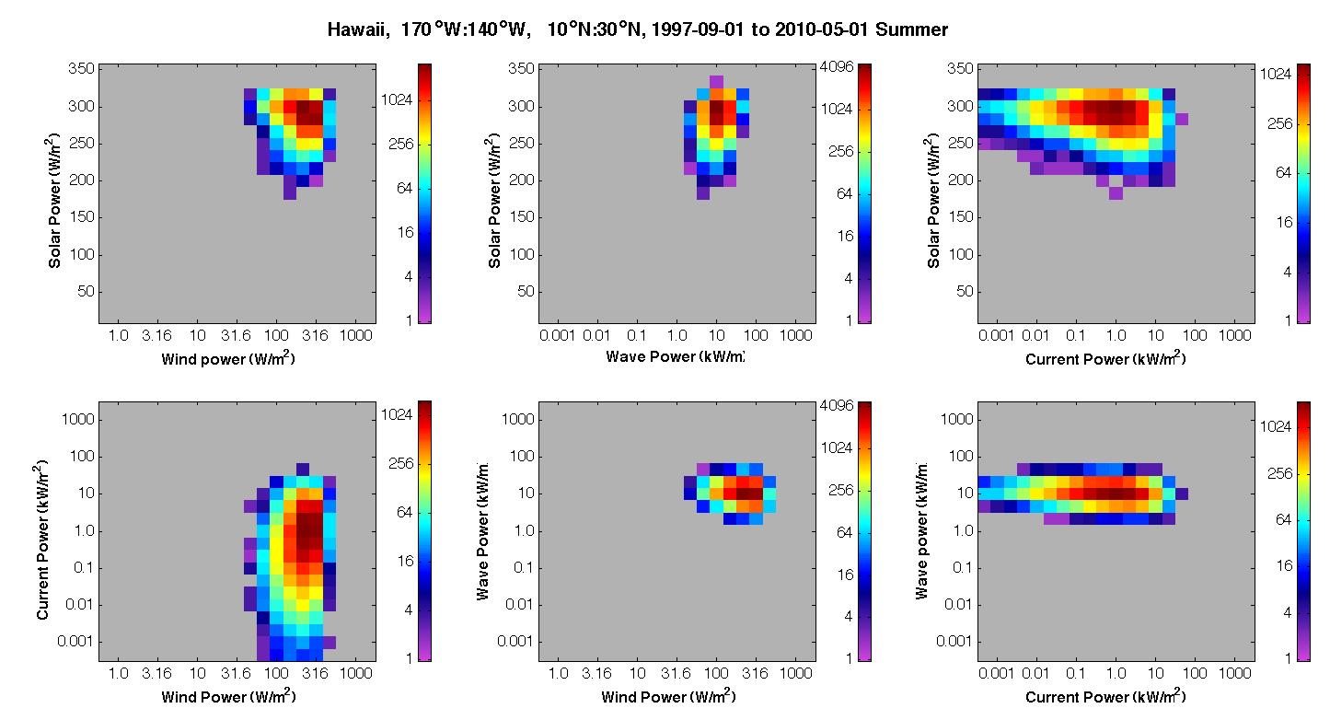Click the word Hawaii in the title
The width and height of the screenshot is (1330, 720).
(355, 29)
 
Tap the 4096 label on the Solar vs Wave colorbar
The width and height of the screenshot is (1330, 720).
(837, 66)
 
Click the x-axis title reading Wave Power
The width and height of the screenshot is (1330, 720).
(675, 356)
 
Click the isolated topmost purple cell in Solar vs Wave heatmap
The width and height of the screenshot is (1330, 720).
(717, 81)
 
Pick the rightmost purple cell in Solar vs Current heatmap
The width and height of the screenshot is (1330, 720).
(1182, 119)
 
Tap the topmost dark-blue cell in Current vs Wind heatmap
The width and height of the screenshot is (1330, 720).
(302, 470)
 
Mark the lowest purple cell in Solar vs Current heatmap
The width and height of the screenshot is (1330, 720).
(1116, 193)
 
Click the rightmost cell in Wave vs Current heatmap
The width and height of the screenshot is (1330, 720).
(1182, 494)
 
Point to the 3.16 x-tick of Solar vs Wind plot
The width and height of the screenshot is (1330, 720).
(156, 336)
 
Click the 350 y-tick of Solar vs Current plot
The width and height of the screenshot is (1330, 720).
(960, 68)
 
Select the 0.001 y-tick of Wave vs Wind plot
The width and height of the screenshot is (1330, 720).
(515, 641)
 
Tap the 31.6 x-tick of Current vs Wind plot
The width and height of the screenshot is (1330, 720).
(236, 673)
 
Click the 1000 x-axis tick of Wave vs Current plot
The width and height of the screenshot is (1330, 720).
(1235, 673)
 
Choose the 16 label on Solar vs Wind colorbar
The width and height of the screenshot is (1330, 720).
(406, 232)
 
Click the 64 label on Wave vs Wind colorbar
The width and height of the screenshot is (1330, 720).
(844, 532)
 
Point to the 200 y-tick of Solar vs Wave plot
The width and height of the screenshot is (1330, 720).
(521, 180)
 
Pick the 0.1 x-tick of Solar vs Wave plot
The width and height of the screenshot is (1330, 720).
(637, 336)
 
